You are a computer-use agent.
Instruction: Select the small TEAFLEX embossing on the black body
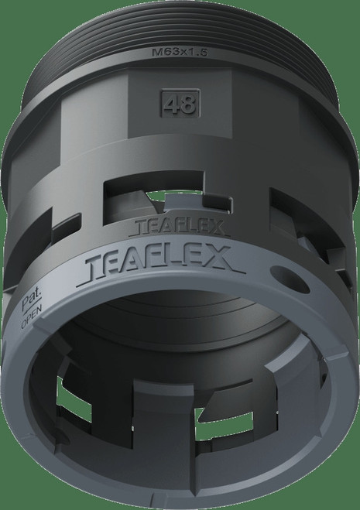click(179, 227)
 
